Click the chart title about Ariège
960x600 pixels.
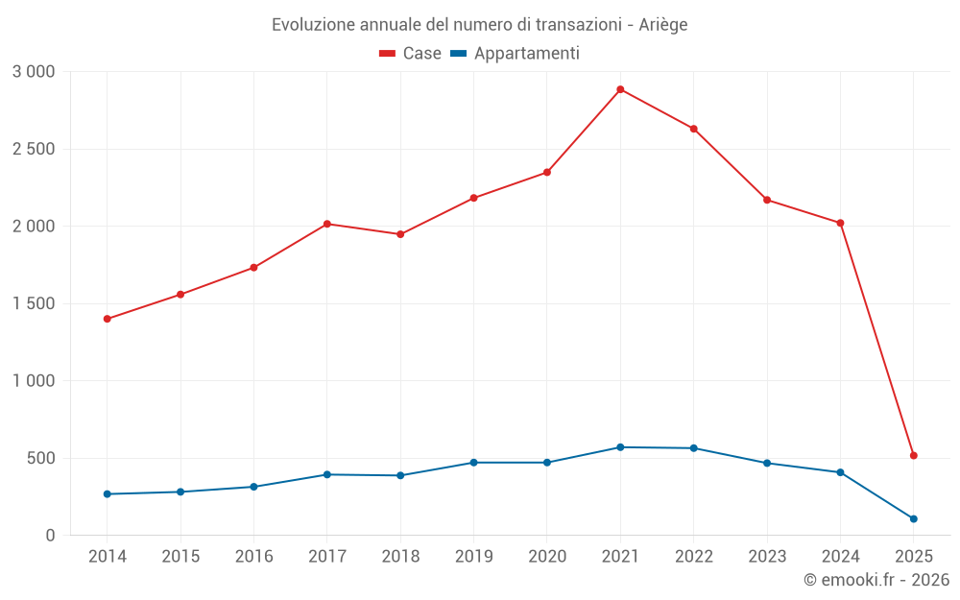479,25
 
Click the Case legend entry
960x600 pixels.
411,54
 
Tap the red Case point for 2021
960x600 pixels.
620,89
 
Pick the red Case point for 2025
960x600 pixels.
913,455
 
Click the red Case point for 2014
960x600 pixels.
107,319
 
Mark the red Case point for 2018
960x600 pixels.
400,234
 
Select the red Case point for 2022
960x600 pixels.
693,129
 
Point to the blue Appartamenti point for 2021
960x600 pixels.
620,447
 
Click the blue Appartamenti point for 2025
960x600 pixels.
913,518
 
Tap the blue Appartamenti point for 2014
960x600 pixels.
107,494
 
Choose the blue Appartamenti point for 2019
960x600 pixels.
473,463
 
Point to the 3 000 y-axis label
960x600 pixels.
34,72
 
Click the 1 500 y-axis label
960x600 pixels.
34,303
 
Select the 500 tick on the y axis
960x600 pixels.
40,458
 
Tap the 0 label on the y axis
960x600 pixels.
51,536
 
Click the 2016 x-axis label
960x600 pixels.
253,557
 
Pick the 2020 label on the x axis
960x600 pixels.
547,557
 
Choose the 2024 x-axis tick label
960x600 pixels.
840,557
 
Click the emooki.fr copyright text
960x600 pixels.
876,580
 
